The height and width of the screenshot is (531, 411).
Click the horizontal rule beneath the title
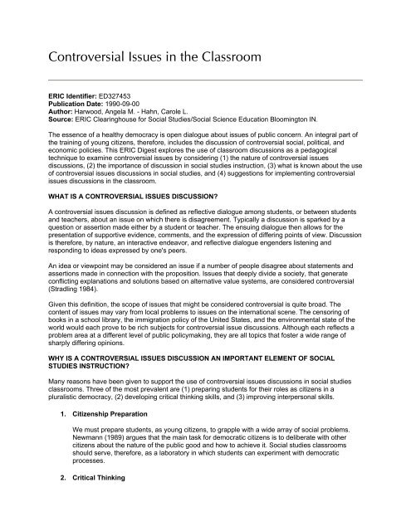click(x=205, y=80)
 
